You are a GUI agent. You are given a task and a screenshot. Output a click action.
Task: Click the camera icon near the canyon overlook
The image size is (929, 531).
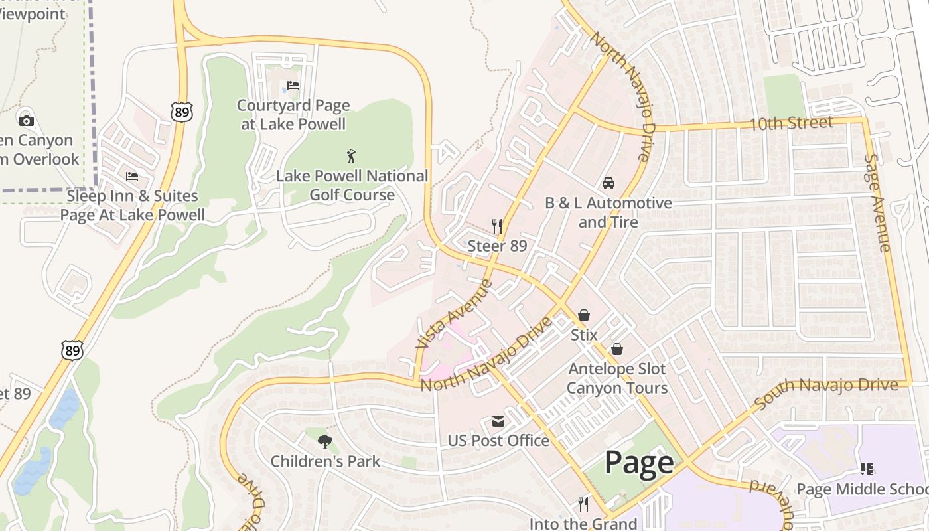point(27,121)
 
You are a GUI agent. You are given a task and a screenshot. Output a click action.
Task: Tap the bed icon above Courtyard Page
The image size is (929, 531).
point(293,86)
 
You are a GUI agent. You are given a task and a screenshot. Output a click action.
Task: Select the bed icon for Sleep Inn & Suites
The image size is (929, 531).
point(132,177)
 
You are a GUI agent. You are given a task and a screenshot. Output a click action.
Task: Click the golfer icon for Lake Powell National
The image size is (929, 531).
point(351,157)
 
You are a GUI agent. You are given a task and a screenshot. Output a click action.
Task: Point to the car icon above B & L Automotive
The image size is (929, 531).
point(608,183)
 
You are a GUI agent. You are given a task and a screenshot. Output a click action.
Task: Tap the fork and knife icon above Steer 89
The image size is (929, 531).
point(497,226)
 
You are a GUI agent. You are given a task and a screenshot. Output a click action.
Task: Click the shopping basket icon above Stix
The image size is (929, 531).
point(584,315)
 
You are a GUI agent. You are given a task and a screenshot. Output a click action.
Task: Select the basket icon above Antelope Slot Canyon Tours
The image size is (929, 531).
point(617,349)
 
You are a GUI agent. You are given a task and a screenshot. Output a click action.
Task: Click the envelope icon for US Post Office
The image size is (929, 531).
point(498,421)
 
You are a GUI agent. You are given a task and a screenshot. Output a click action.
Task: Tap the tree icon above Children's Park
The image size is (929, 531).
point(324,441)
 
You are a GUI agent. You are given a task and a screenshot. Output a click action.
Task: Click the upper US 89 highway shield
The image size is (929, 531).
point(181,112)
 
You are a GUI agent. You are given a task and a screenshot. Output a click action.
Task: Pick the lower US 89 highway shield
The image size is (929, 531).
point(72,350)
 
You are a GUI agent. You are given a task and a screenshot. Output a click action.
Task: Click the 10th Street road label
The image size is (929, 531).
point(790,123)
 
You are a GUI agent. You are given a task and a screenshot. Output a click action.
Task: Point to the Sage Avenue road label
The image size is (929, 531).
point(877,203)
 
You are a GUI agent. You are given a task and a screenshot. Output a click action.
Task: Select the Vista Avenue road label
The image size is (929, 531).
point(455,314)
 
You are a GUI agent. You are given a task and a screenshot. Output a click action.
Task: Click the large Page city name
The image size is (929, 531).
point(639,463)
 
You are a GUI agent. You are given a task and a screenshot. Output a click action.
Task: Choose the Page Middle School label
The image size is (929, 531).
point(862,489)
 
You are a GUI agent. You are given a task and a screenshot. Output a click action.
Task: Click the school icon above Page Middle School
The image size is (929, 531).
point(866,469)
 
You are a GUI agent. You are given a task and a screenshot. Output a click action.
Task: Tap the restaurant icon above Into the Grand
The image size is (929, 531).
point(583,504)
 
